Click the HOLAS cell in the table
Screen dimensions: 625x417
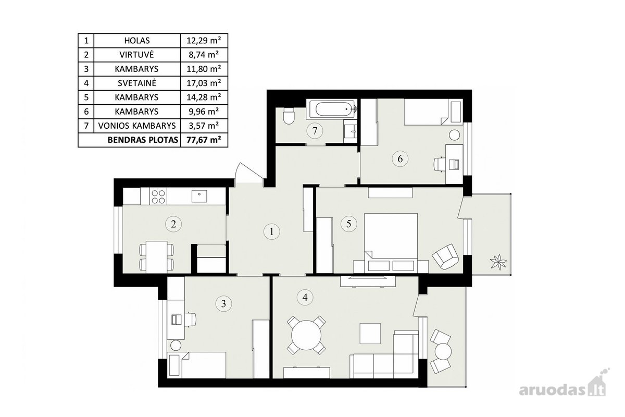137,41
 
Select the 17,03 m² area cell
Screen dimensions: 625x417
204,83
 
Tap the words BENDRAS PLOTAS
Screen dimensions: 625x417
143,140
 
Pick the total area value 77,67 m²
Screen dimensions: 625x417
204,140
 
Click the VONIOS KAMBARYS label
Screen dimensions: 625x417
137,126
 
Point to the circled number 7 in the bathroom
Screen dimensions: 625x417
315,131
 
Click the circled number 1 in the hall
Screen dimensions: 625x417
271,231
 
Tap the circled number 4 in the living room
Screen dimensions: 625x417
305,297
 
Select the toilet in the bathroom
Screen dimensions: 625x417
289,117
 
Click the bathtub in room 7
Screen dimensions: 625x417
332,109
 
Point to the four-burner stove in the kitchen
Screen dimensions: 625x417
158,196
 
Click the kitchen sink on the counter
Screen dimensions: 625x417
199,196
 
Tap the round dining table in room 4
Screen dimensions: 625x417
306,335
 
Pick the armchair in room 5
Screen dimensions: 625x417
445,256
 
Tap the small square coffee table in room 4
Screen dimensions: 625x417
370,334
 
